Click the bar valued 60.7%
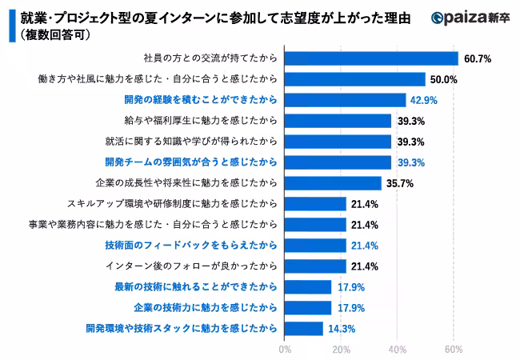point(371,58)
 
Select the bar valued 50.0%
point(355,79)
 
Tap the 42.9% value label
point(424,100)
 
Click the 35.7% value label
point(399,183)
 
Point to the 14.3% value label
point(340,328)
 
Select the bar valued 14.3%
point(304,328)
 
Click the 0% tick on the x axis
point(285,350)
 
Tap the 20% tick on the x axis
point(341,350)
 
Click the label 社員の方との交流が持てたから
point(210,58)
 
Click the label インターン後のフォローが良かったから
point(191,266)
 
